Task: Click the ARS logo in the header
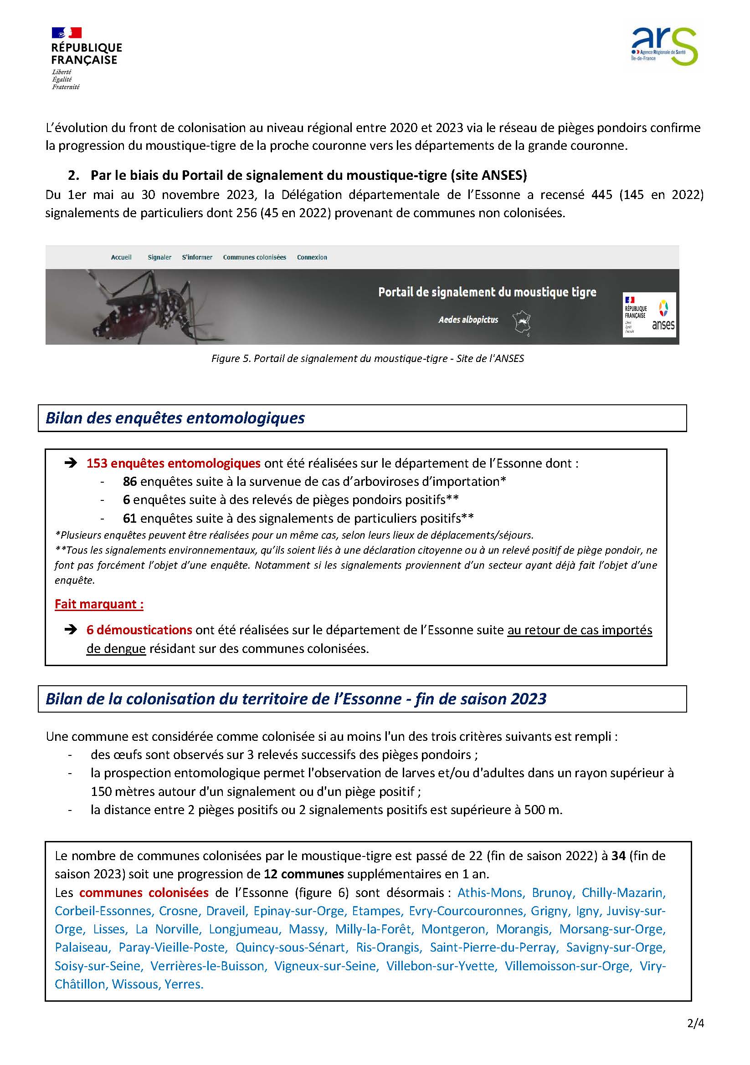[x=664, y=46]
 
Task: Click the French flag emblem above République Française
[x=67, y=32]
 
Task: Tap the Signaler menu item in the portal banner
[x=159, y=257]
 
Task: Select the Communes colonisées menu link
[x=254, y=257]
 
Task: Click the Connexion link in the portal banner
[x=312, y=257]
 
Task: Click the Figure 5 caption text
[x=367, y=358]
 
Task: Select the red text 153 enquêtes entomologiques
[x=173, y=464]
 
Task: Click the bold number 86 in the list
[x=129, y=481]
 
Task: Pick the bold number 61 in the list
[x=129, y=518]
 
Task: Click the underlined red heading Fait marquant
[x=99, y=604]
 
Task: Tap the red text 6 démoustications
[x=139, y=630]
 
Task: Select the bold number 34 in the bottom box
[x=619, y=856]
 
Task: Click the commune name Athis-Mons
[x=491, y=892]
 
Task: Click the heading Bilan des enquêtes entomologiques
[x=175, y=418]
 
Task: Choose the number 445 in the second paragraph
[x=601, y=195]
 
